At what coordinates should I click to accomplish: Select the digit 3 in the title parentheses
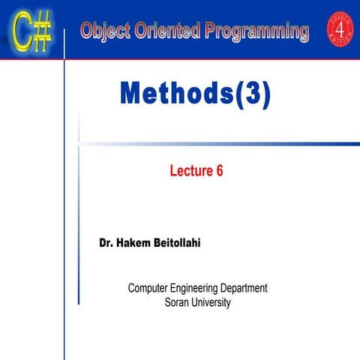(x=253, y=95)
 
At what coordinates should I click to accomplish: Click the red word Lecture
(x=190, y=170)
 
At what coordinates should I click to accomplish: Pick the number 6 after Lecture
(x=220, y=170)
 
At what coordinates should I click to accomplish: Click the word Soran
(x=177, y=302)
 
